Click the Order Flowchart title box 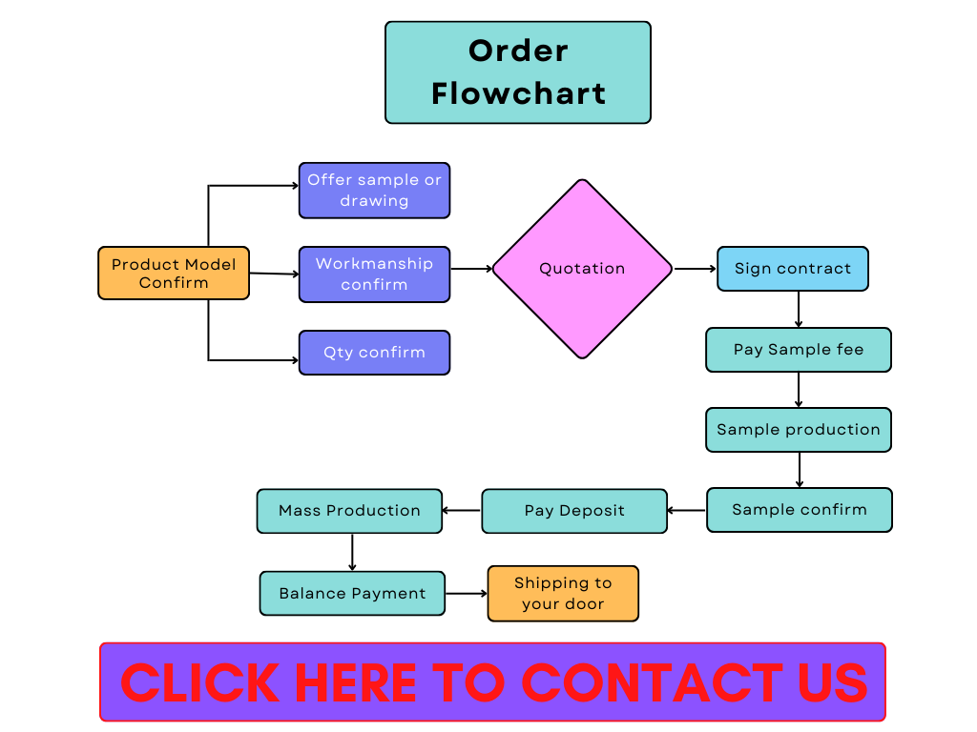pyautogui.click(x=518, y=72)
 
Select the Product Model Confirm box pyautogui.click(x=174, y=274)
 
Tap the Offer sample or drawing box pyautogui.click(x=374, y=191)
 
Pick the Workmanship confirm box pyautogui.click(x=374, y=274)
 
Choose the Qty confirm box pyautogui.click(x=374, y=353)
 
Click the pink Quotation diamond pyautogui.click(x=582, y=269)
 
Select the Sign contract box pyautogui.click(x=793, y=269)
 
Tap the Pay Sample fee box pyautogui.click(x=799, y=350)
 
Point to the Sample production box pyautogui.click(x=799, y=430)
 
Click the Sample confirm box pyautogui.click(x=800, y=510)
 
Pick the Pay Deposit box pyautogui.click(x=574, y=511)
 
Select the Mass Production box pyautogui.click(x=349, y=511)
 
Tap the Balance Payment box pyautogui.click(x=352, y=593)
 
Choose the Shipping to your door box pyautogui.click(x=563, y=594)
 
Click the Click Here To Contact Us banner pyautogui.click(x=492, y=681)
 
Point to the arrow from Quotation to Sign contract pyautogui.click(x=695, y=269)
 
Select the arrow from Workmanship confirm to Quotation pyautogui.click(x=470, y=269)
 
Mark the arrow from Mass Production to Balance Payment pyautogui.click(x=352, y=552)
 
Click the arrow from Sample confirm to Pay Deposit pyautogui.click(x=687, y=511)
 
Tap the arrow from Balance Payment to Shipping pyautogui.click(x=467, y=594)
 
